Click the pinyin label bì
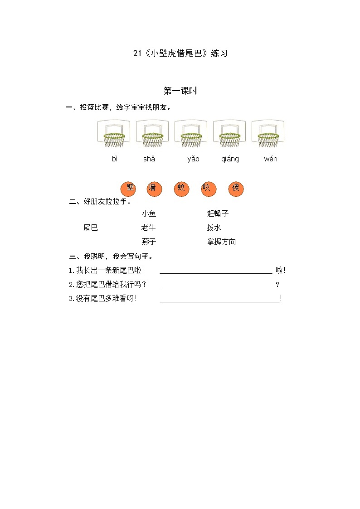(x=115, y=159)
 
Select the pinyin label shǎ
(x=149, y=159)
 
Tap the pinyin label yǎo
(x=193, y=159)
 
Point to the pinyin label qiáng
(x=230, y=159)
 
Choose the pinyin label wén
(x=271, y=159)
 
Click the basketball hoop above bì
(x=114, y=134)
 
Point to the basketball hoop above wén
(x=268, y=134)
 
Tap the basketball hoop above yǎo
(x=191, y=134)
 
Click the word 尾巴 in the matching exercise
(x=91, y=228)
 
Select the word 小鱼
(x=149, y=213)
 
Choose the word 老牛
(x=149, y=228)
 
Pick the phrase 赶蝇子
(x=218, y=213)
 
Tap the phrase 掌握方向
(x=221, y=242)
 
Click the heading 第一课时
(x=180, y=91)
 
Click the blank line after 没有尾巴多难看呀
(x=220, y=299)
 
